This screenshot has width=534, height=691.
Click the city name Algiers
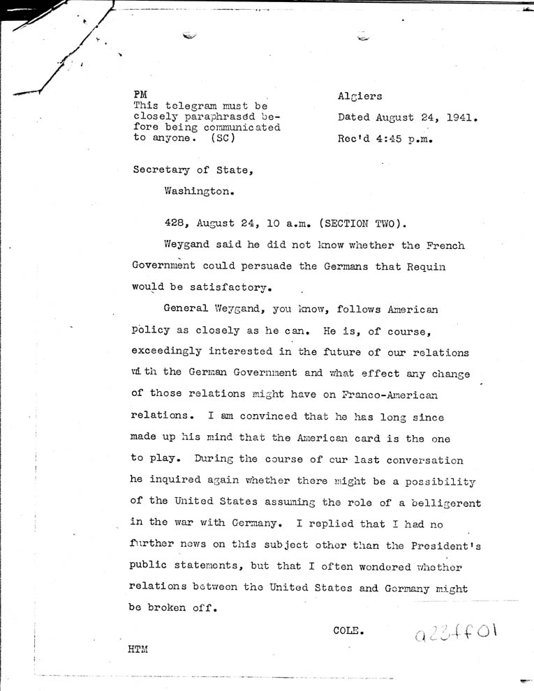click(359, 96)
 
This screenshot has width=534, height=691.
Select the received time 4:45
click(387, 138)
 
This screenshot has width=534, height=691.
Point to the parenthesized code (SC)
click(221, 137)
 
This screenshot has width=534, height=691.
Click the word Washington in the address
click(198, 188)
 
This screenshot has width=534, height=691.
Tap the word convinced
click(263, 416)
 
